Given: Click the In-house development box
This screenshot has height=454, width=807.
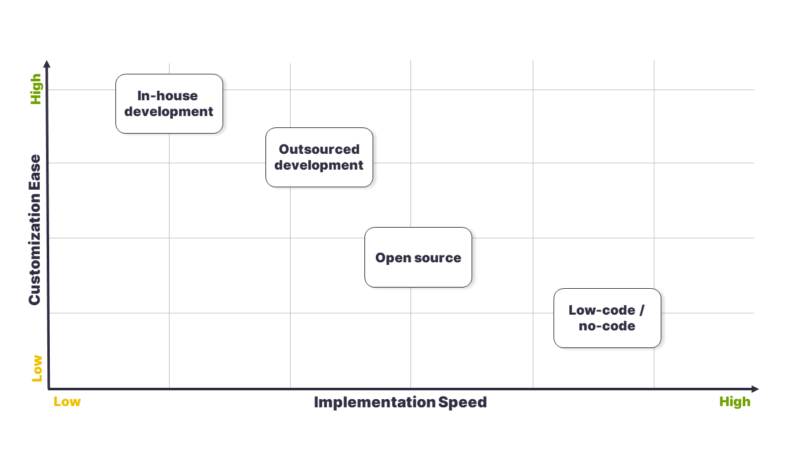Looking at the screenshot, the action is [x=169, y=104].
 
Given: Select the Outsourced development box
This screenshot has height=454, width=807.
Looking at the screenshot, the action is [x=319, y=157].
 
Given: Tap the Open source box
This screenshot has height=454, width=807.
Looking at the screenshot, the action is [x=418, y=257].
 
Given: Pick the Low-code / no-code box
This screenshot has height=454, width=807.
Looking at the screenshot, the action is [x=607, y=318].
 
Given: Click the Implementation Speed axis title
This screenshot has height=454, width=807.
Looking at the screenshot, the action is [x=400, y=402].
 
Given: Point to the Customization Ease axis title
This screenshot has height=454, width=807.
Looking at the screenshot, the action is [x=35, y=230].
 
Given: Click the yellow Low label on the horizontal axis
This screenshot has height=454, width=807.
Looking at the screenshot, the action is [x=67, y=402].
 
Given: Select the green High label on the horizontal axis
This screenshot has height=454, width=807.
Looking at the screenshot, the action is [x=734, y=402].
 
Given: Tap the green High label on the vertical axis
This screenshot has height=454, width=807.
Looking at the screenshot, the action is [x=36, y=89].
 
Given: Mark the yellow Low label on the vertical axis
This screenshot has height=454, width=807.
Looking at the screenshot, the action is [x=37, y=368].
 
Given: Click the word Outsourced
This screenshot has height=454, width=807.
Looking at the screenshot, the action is [x=319, y=149].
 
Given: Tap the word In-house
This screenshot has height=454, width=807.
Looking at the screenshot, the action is [x=168, y=96].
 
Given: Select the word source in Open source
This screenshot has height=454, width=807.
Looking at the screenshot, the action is [x=438, y=258].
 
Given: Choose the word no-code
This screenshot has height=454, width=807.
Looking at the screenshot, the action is [x=607, y=326].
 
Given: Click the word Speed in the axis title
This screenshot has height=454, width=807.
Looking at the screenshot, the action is [x=463, y=402].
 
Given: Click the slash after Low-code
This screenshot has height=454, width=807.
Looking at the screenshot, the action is [x=642, y=310].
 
